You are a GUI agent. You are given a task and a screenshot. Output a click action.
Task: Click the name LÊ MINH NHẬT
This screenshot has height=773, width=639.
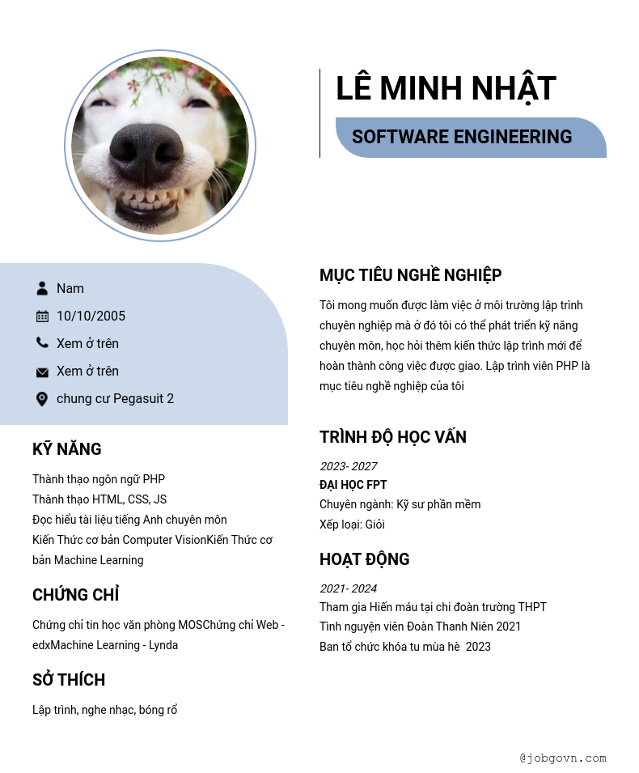click(446, 88)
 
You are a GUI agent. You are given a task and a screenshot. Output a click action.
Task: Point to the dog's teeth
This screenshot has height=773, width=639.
click(150, 197)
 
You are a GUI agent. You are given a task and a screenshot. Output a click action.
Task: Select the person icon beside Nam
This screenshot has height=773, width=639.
click(42, 288)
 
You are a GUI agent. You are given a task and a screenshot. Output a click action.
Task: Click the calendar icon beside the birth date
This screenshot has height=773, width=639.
click(42, 316)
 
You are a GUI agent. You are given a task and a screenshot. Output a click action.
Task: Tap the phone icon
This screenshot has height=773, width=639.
click(42, 343)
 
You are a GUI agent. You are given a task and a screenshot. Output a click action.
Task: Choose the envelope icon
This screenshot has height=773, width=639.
click(42, 372)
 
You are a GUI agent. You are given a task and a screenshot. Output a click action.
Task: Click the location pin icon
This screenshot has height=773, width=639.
click(42, 398)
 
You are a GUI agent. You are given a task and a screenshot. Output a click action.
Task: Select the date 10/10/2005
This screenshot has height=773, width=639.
click(91, 316)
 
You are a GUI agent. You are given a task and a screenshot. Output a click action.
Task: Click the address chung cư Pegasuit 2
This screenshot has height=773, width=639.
click(115, 398)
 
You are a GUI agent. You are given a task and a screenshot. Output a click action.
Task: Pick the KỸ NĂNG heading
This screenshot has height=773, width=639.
click(66, 449)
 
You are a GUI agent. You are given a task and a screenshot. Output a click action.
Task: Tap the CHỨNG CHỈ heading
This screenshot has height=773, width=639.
click(75, 595)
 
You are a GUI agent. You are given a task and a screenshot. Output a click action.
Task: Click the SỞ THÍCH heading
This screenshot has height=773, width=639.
click(69, 680)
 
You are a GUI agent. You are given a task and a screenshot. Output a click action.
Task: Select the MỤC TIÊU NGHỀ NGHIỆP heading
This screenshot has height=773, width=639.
click(410, 275)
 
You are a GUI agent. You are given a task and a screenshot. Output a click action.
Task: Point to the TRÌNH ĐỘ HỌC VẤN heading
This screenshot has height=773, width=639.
click(392, 437)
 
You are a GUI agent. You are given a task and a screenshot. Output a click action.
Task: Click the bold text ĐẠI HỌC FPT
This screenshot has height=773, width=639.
click(353, 485)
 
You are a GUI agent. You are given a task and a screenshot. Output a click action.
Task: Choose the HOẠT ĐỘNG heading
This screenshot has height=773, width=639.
click(364, 559)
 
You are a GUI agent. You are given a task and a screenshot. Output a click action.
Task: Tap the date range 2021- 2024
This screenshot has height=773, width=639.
click(348, 588)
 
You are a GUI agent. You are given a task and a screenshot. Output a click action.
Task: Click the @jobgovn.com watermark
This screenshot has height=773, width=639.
click(563, 758)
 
